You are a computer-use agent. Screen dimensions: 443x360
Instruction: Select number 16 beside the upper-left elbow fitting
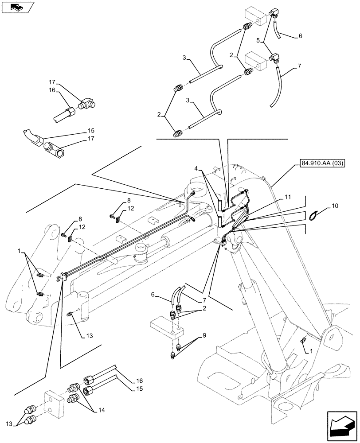coord(53,89)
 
